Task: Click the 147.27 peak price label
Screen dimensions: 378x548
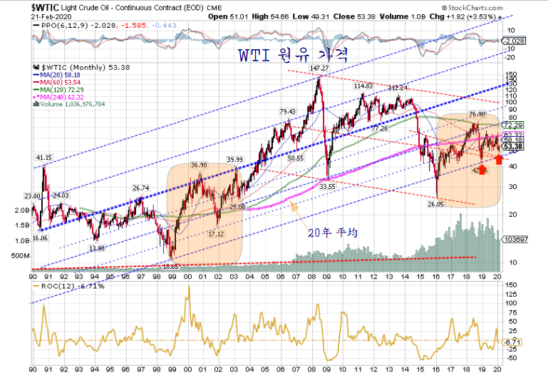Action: [320, 68]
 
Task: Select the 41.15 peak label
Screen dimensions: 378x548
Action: [44, 158]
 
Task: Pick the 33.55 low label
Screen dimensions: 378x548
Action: [327, 186]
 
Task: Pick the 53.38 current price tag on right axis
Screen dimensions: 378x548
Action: [514, 147]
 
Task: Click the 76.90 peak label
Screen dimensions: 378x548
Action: [477, 114]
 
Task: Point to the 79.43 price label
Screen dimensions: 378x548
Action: [287, 111]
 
